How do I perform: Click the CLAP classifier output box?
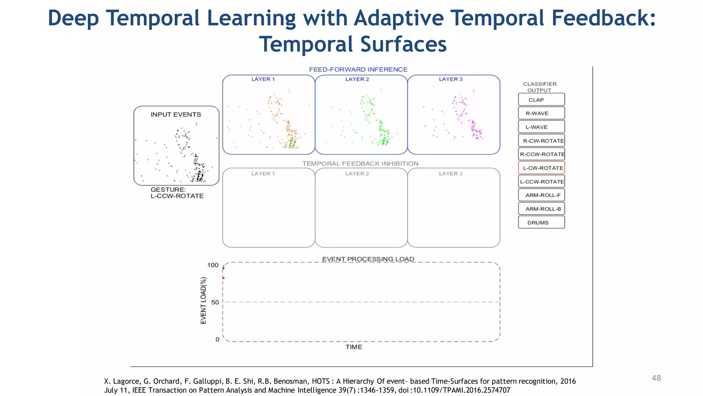click(x=541, y=100)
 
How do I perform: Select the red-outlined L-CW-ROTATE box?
click(x=541, y=168)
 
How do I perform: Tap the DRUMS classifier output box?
click(x=541, y=222)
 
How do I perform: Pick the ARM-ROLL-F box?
click(x=541, y=195)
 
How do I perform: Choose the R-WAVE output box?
click(x=541, y=113)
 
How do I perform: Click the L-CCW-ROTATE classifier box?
click(x=541, y=181)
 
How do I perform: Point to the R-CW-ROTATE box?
click(x=541, y=141)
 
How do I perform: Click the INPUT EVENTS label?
click(x=176, y=114)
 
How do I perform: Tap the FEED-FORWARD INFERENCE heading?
click(x=358, y=69)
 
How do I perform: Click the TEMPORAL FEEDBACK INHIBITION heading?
click(x=360, y=164)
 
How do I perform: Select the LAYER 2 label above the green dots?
click(x=357, y=79)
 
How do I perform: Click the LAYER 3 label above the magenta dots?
click(x=451, y=79)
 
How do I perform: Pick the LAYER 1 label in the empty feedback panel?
click(x=263, y=174)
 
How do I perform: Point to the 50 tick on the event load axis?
click(x=215, y=302)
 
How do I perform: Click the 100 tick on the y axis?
click(x=213, y=265)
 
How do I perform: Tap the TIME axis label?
click(x=354, y=347)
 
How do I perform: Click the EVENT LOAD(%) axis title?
click(x=204, y=300)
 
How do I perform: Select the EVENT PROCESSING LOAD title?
click(x=368, y=259)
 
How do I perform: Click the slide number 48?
click(x=656, y=378)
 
